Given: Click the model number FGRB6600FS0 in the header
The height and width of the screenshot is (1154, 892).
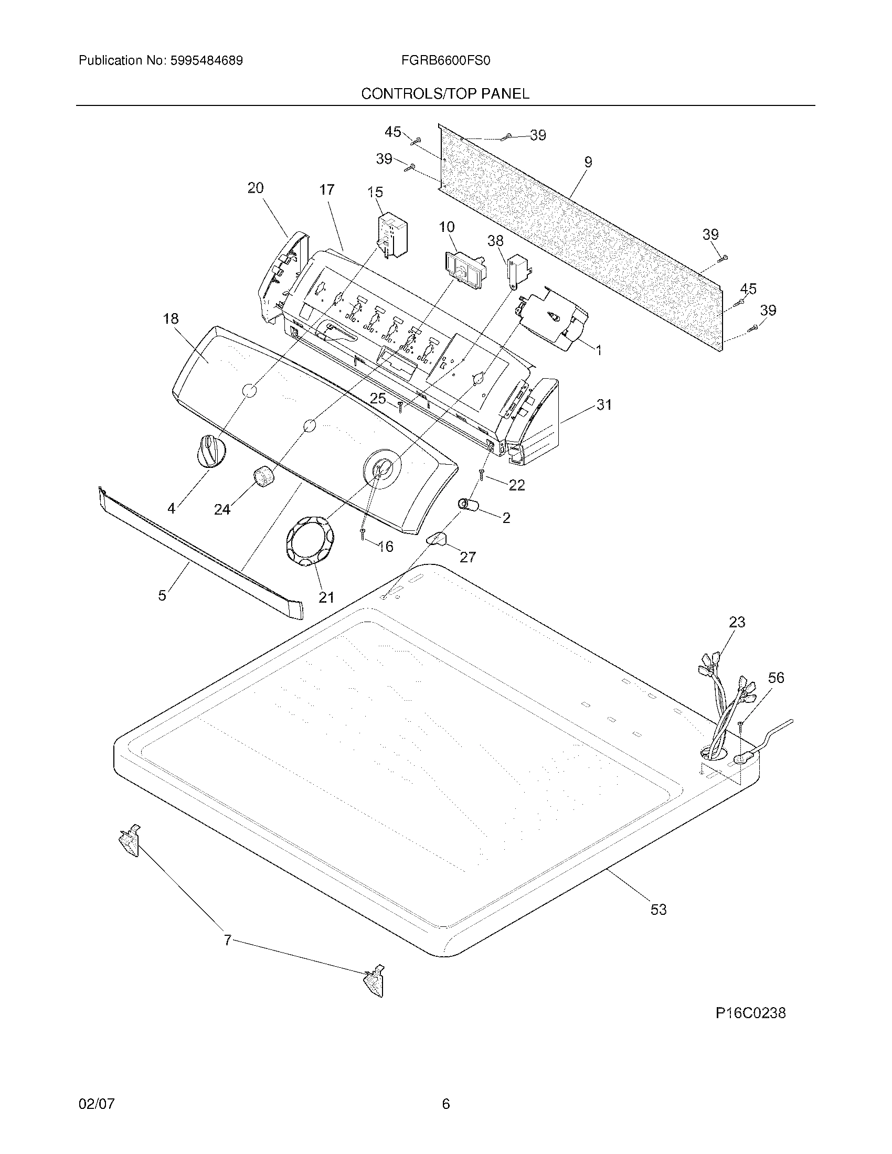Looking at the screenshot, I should pyautogui.click(x=445, y=61).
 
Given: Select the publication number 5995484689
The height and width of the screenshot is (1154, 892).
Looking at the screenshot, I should pyautogui.click(x=206, y=61).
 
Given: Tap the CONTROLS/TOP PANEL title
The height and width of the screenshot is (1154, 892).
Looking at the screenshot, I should pyautogui.click(x=445, y=94).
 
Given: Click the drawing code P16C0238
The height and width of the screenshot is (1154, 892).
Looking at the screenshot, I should pyautogui.click(x=750, y=1013).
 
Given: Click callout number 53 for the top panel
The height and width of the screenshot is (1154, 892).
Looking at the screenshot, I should pyautogui.click(x=659, y=910).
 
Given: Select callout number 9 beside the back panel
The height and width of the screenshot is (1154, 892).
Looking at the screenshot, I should pyautogui.click(x=588, y=162).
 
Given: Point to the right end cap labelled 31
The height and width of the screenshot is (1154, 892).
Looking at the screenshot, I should pyautogui.click(x=534, y=423).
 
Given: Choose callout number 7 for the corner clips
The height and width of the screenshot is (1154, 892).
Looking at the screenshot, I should pyautogui.click(x=228, y=940).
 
